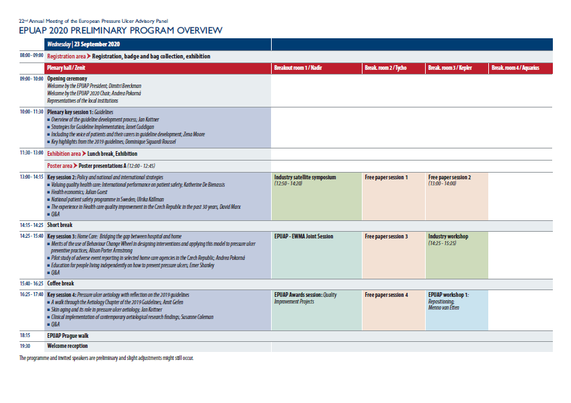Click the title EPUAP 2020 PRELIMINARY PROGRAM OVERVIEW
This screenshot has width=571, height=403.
click(120, 31)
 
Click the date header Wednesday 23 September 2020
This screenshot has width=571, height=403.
click(83, 44)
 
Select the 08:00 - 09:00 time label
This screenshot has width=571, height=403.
click(32, 56)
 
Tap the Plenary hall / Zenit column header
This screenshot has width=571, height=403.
click(66, 68)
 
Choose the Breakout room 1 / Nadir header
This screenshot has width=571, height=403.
click(299, 68)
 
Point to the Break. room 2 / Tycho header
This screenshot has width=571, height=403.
click(385, 68)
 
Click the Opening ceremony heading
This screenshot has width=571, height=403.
click(65, 79)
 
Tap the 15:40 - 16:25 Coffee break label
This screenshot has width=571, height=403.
click(61, 283)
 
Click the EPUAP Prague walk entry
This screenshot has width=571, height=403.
click(68, 335)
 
